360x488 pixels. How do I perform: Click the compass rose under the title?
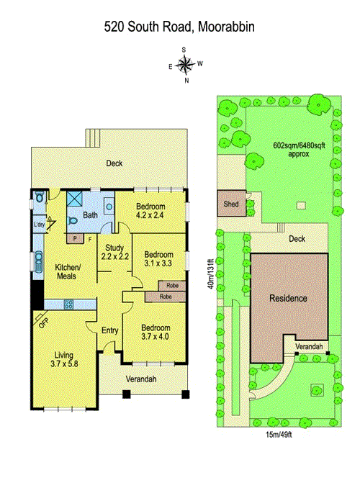click(185, 64)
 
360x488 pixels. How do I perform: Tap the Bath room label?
click(90, 214)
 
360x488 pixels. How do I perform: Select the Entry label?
click(110, 330)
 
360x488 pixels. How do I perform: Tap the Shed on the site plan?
click(231, 204)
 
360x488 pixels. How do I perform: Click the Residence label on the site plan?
click(288, 298)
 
